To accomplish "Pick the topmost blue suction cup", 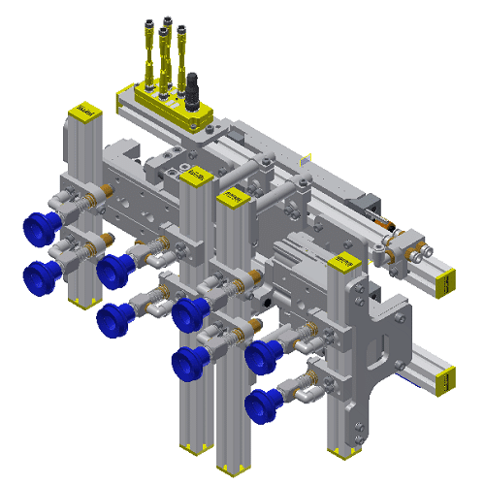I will (x=40, y=229).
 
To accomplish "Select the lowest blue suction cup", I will (x=262, y=404).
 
